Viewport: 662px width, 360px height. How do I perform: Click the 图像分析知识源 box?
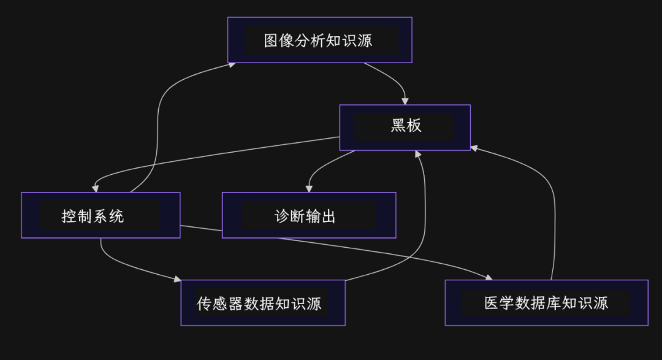pyautogui.click(x=319, y=40)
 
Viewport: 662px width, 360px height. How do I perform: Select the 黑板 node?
pyautogui.click(x=405, y=127)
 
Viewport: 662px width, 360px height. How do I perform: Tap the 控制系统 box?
pyautogui.click(x=101, y=215)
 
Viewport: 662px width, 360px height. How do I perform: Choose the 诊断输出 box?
pyautogui.click(x=308, y=215)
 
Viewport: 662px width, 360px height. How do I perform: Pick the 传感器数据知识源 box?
pyautogui.click(x=262, y=303)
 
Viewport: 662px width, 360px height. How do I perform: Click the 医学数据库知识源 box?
pyautogui.click(x=546, y=303)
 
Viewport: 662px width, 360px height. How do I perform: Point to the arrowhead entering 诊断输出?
pyautogui.click(x=308, y=188)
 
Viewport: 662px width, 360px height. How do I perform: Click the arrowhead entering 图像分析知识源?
pyautogui.click(x=232, y=64)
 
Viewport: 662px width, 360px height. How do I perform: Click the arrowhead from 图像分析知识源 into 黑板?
pyautogui.click(x=405, y=101)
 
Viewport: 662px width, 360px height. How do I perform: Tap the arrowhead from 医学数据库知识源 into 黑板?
pyautogui.click(x=474, y=148)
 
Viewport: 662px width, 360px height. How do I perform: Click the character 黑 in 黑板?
pyautogui.click(x=398, y=126)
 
